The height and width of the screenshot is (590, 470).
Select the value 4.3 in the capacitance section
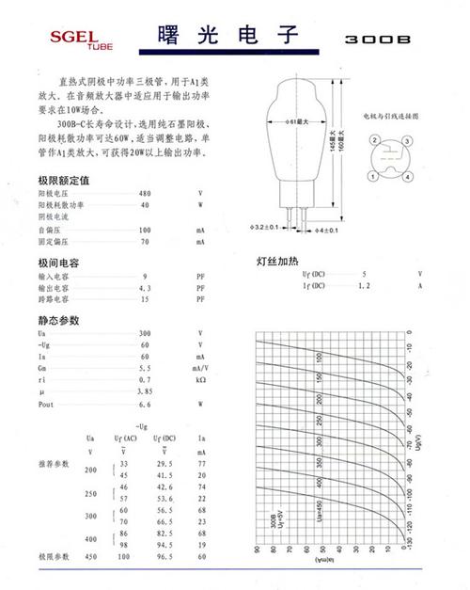click(145, 287)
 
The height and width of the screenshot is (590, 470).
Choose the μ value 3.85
click(145, 390)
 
